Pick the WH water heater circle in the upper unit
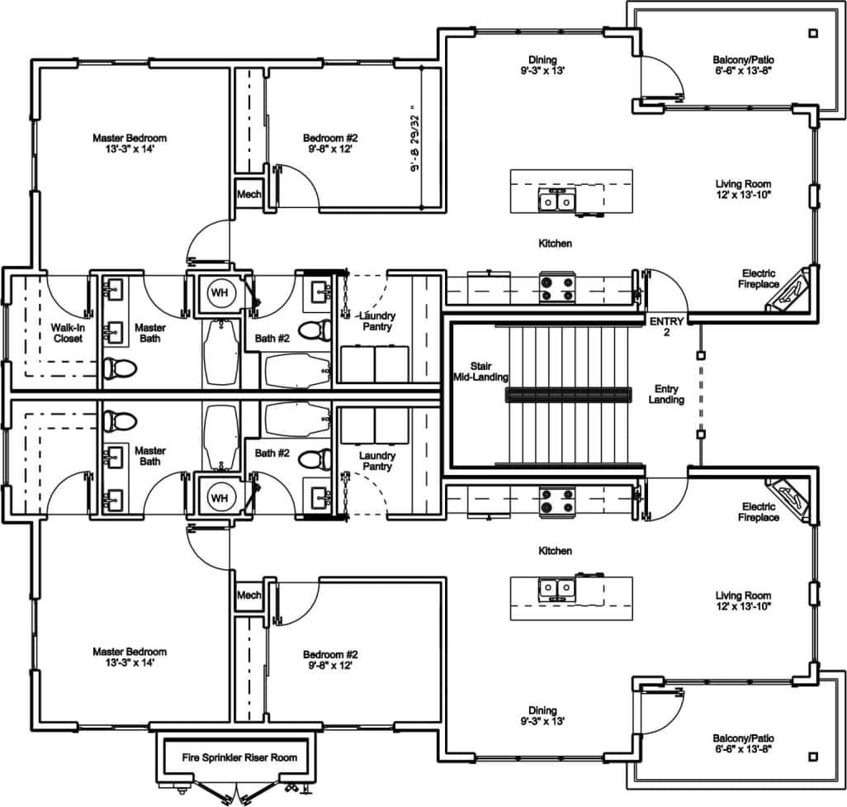point(219,292)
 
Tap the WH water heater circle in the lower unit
point(219,498)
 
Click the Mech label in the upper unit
point(248,195)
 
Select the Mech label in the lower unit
point(248,595)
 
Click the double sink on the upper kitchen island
point(558,200)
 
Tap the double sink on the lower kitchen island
point(558,588)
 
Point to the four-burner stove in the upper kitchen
point(557,287)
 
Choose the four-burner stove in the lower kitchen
point(557,501)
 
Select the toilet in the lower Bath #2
point(312,458)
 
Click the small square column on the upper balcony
point(813,34)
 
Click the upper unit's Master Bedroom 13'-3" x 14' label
point(130,143)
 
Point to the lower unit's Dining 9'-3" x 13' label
point(542,715)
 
